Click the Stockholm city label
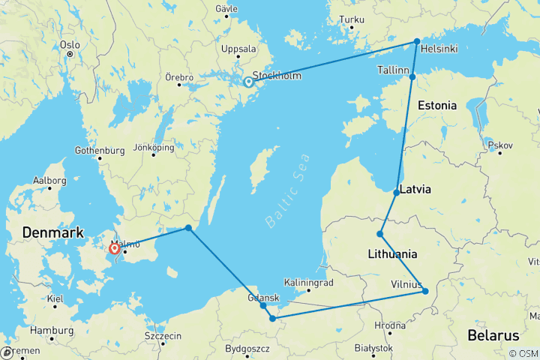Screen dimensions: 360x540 coord(277,76)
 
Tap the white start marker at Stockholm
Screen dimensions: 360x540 coord(248,82)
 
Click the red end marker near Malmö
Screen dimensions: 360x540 coord(114,249)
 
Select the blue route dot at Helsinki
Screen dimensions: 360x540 coord(417,41)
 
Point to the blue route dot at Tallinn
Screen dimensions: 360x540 coord(412,76)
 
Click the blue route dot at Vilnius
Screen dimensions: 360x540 coord(425,291)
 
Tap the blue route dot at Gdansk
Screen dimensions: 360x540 coord(263,305)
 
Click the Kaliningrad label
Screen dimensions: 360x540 coord(308,282)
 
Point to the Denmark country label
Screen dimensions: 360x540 coord(52,233)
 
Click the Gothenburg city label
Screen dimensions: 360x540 coord(100,150)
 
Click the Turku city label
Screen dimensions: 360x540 coord(352,19)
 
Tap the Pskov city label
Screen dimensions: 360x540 coord(499,144)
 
